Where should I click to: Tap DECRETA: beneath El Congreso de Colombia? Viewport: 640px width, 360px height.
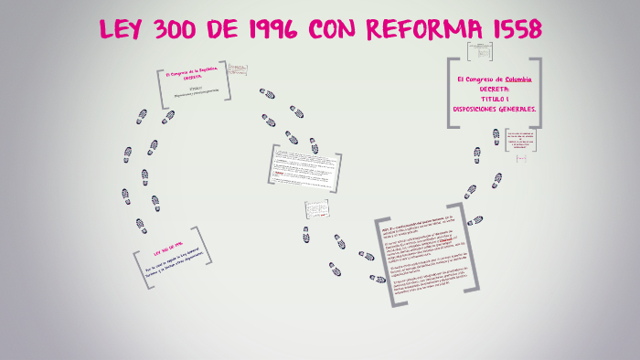(x=495, y=89)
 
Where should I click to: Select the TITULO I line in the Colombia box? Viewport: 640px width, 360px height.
(x=495, y=99)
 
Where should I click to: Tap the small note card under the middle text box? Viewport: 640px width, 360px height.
(x=315, y=209)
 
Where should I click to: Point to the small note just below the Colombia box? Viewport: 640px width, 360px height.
(x=519, y=139)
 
